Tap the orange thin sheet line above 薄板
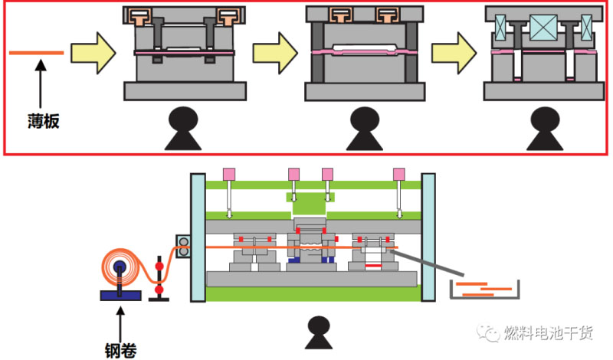[x=36, y=52]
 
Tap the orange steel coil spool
[x=121, y=268]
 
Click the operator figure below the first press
[x=184, y=129]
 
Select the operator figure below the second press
[x=364, y=129]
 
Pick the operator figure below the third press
[x=544, y=129]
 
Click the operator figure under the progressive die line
[x=314, y=335]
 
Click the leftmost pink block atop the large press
[x=228, y=174]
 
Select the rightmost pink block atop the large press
[x=398, y=174]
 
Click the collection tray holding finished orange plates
[x=484, y=290]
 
